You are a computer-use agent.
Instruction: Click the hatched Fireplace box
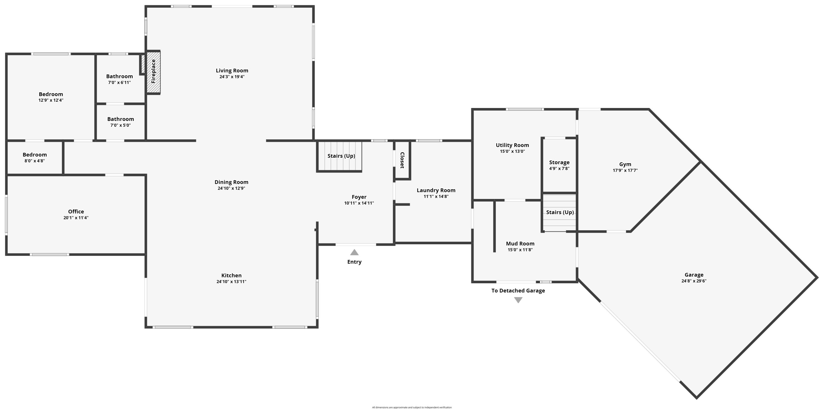pyautogui.click(x=153, y=72)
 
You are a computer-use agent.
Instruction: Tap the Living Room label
pyautogui.click(x=232, y=70)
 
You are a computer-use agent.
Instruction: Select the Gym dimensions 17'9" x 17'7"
pyautogui.click(x=625, y=171)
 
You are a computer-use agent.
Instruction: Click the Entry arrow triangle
pyautogui.click(x=354, y=253)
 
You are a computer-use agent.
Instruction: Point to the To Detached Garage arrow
pyautogui.click(x=518, y=300)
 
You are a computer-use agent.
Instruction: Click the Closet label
pyautogui.click(x=402, y=160)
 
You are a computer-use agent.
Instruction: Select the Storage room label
pyautogui.click(x=559, y=162)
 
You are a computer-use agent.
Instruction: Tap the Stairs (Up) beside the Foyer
pyautogui.click(x=341, y=156)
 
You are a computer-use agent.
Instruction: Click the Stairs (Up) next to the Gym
pyautogui.click(x=560, y=212)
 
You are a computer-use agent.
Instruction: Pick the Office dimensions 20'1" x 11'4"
pyautogui.click(x=76, y=218)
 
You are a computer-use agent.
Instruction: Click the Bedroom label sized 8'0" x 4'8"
pyautogui.click(x=35, y=155)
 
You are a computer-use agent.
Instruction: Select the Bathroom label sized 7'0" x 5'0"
pyautogui.click(x=121, y=119)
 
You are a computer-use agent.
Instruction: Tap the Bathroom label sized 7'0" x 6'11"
pyautogui.click(x=119, y=76)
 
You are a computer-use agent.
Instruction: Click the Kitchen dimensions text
pyautogui.click(x=231, y=282)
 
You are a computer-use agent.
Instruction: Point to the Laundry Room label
pyautogui.click(x=436, y=190)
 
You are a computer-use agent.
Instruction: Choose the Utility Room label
pyautogui.click(x=512, y=145)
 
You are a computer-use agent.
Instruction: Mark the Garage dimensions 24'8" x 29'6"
pyautogui.click(x=694, y=281)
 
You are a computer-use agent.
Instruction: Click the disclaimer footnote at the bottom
pyautogui.click(x=412, y=408)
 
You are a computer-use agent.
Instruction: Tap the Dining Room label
pyautogui.click(x=231, y=182)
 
